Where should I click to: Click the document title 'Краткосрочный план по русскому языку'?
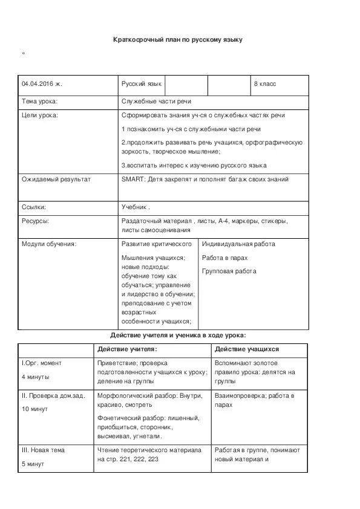tap(178, 40)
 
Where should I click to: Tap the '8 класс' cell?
tap(265, 84)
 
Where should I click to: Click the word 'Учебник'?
tap(134, 207)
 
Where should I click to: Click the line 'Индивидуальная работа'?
tap(238, 244)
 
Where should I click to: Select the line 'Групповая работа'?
tap(229, 271)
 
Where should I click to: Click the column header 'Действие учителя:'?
tap(127, 349)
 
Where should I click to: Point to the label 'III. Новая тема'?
tap(43, 450)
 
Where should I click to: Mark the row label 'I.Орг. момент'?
tap(42, 363)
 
